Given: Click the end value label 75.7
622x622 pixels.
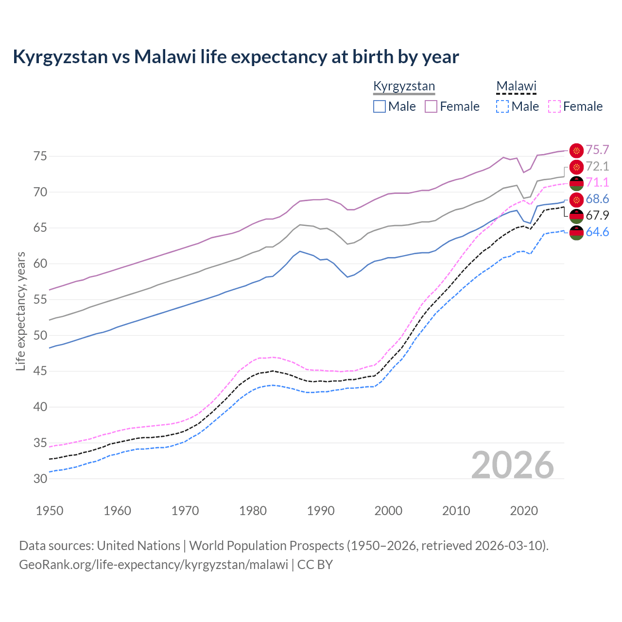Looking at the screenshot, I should [597, 150].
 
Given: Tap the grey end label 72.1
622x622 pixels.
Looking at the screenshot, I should [597, 167].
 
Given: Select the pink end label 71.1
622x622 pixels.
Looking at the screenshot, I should [597, 183].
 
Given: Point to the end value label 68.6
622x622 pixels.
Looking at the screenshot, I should [597, 199].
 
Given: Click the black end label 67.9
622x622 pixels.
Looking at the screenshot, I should [597, 216].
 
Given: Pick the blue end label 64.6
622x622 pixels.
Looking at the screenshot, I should [597, 232].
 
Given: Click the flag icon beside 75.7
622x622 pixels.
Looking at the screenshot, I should [576, 151].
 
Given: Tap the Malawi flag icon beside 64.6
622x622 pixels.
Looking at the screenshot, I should [576, 233].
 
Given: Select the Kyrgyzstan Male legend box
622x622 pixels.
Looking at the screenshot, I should [380, 106].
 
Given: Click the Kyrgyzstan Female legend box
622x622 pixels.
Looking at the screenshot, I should [431, 106].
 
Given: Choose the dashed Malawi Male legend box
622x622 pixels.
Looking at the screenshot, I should [502, 106].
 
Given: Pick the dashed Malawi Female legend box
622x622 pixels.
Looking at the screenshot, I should [554, 106].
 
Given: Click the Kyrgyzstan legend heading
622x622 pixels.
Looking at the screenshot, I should [404, 86].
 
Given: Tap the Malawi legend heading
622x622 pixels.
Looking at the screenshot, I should [516, 86].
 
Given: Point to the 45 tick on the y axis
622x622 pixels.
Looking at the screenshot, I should [40, 371].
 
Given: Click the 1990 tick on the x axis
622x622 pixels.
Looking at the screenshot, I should [321, 511].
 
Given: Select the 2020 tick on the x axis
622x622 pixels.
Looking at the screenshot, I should [524, 511].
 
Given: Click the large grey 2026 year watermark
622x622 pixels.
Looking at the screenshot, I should [513, 465].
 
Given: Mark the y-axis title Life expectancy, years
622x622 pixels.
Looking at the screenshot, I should [21, 311].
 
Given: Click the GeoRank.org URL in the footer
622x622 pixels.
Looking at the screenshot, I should [154, 565].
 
